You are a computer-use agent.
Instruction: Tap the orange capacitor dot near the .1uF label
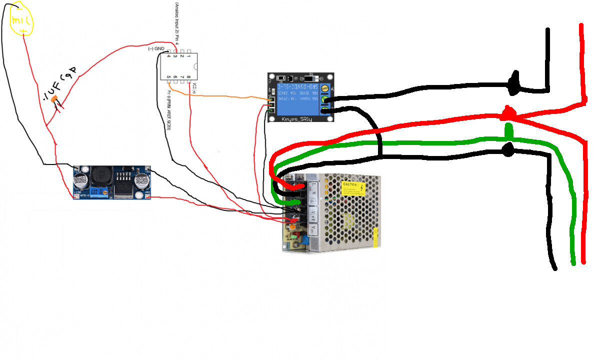click(55, 99)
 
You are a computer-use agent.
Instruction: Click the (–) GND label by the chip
click(156, 48)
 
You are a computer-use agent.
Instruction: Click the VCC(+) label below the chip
click(194, 88)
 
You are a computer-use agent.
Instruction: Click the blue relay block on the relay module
click(298, 100)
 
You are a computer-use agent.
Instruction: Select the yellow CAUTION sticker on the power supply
click(353, 189)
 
